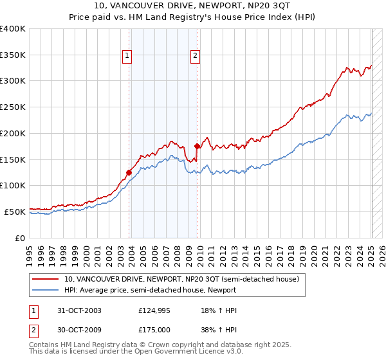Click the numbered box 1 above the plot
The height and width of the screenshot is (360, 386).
tap(127, 56)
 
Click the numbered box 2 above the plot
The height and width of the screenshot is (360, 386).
tap(194, 56)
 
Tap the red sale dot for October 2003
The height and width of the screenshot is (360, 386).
tap(129, 172)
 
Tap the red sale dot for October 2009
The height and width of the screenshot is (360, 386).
tap(197, 146)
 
